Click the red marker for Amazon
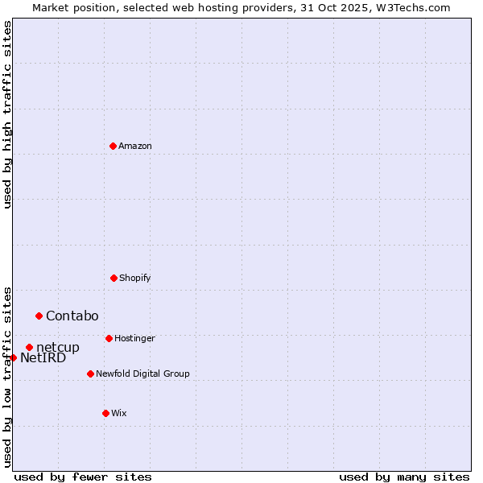113,146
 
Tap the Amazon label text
135,147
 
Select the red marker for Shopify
114,278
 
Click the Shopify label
135,279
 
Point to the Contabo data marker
39,316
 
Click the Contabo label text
72,316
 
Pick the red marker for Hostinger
109,338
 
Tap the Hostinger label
134,339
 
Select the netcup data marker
29,348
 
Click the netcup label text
58,348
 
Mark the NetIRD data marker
13,357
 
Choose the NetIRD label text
43,358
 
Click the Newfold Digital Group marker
90,374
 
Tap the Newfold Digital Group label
142,374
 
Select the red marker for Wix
105,413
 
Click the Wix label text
119,414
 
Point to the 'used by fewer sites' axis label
83,477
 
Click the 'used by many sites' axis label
404,477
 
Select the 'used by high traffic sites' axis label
8,114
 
